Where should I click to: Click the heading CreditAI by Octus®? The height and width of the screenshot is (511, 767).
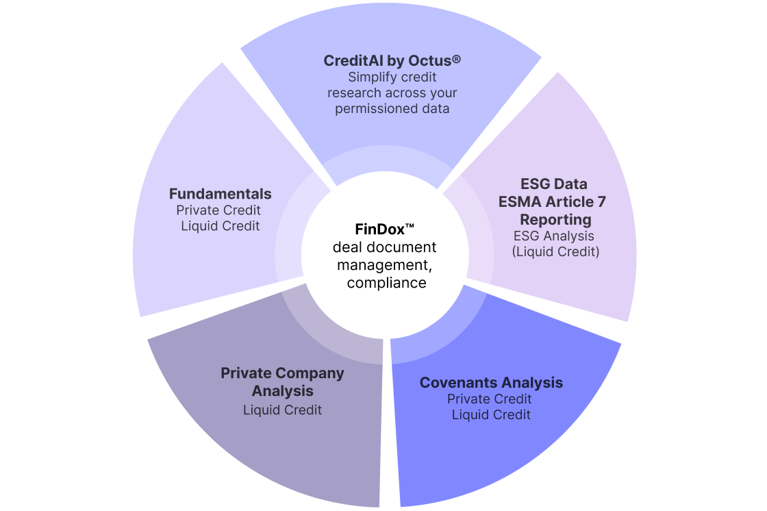392,60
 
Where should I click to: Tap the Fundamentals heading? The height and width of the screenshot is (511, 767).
220,194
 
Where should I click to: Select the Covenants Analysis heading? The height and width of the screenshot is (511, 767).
491,382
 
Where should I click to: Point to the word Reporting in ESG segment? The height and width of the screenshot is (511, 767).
555,219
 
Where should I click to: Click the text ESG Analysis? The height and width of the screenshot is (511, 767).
554,236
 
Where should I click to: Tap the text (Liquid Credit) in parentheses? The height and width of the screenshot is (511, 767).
555,251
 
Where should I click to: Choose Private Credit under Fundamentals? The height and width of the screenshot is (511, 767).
218,210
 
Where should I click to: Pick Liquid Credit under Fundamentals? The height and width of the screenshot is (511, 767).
221,225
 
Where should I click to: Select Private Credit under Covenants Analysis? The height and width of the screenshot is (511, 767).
489,399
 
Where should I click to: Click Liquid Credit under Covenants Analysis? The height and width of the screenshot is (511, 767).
491,414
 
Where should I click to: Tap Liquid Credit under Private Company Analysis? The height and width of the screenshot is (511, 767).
282,410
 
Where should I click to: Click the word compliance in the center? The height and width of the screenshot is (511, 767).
386,282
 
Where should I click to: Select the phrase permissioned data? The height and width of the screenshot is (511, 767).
392,108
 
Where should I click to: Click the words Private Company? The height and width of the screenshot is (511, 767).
282,373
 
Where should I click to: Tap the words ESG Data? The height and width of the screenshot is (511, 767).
553,184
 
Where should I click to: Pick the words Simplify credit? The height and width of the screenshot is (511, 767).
392,77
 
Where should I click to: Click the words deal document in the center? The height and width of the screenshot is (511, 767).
384,247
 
